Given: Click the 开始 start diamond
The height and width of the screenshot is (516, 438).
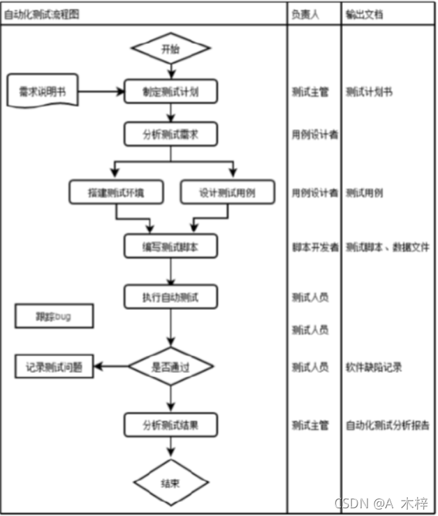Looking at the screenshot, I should [x=170, y=49].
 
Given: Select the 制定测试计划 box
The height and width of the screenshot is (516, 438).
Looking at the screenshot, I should [x=170, y=91].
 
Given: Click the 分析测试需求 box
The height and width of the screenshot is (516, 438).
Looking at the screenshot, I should [x=170, y=134].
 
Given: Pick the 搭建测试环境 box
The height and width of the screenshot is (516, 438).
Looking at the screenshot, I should [x=116, y=193].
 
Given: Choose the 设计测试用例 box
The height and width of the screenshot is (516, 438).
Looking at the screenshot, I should [x=227, y=193].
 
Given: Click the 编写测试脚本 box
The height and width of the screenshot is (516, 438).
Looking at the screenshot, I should [x=170, y=246].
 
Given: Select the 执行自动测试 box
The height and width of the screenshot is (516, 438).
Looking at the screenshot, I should [x=170, y=297].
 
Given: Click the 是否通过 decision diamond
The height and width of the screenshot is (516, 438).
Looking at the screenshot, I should [x=170, y=366].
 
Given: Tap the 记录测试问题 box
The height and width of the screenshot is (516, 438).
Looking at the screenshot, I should [x=54, y=366].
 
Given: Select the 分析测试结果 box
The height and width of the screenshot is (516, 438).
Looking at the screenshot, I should [x=170, y=424].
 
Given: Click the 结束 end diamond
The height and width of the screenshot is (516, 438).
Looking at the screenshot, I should [x=170, y=481].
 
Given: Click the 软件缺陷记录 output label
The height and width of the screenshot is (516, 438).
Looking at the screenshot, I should [x=373, y=367].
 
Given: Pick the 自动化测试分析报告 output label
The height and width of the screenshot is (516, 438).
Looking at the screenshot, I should [x=386, y=425].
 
